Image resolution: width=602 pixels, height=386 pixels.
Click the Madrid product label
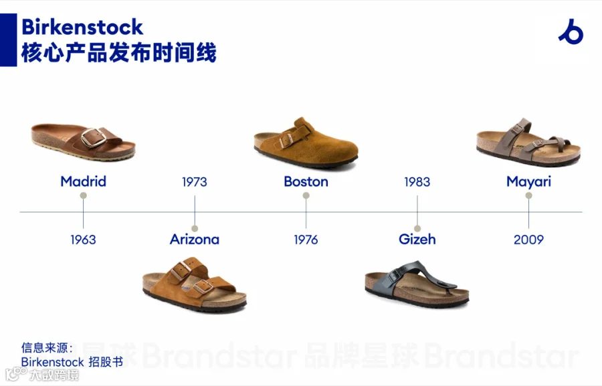click(84, 181)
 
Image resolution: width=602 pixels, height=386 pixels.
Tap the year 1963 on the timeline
click(84, 239)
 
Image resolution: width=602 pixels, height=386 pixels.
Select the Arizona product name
click(195, 239)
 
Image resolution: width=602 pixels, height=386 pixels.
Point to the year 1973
click(195, 182)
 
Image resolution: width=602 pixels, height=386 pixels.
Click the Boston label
click(306, 181)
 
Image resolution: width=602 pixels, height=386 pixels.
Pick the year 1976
click(306, 239)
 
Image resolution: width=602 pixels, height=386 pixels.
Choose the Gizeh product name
click(417, 239)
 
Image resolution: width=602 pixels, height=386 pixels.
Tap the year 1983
click(417, 182)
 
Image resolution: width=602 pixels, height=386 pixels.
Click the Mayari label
click(528, 182)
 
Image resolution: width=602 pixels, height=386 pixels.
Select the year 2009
click(528, 239)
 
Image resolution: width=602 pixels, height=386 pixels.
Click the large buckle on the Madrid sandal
click(93, 138)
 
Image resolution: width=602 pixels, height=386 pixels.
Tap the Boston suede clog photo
click(306, 143)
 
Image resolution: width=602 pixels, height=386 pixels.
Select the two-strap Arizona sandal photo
click(195, 284)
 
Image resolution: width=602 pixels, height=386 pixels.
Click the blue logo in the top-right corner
click(571, 31)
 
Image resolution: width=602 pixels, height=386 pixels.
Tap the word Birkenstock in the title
click(82, 27)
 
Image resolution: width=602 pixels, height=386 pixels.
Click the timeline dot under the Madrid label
click(84, 195)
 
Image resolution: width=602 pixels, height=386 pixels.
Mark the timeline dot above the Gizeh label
click(417, 229)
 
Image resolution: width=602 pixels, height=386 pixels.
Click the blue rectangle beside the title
click(9, 40)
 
